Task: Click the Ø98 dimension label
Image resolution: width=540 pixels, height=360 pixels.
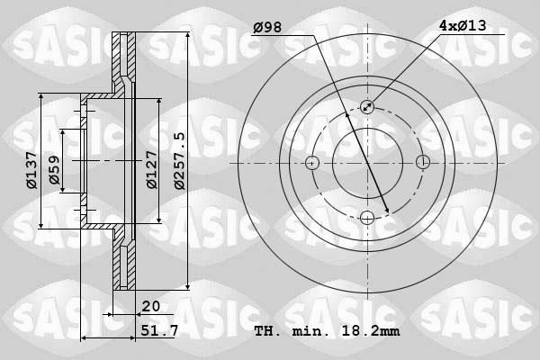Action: pos(267,27)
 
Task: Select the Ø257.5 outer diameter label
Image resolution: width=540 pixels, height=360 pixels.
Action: pos(180,160)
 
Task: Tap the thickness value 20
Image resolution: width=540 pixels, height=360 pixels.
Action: pos(150,307)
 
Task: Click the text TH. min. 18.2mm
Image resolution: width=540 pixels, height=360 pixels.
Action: pos(327,332)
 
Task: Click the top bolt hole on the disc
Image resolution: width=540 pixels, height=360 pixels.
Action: pos(367,107)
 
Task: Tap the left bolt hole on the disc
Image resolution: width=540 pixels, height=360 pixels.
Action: pos(312,163)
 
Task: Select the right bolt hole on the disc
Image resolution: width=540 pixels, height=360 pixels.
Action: pos(423,163)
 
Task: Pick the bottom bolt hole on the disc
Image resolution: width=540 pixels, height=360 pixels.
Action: pos(367,217)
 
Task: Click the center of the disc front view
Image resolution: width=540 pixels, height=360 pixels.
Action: pos(367,163)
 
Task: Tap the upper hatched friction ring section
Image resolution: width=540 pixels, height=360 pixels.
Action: pos(123,59)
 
